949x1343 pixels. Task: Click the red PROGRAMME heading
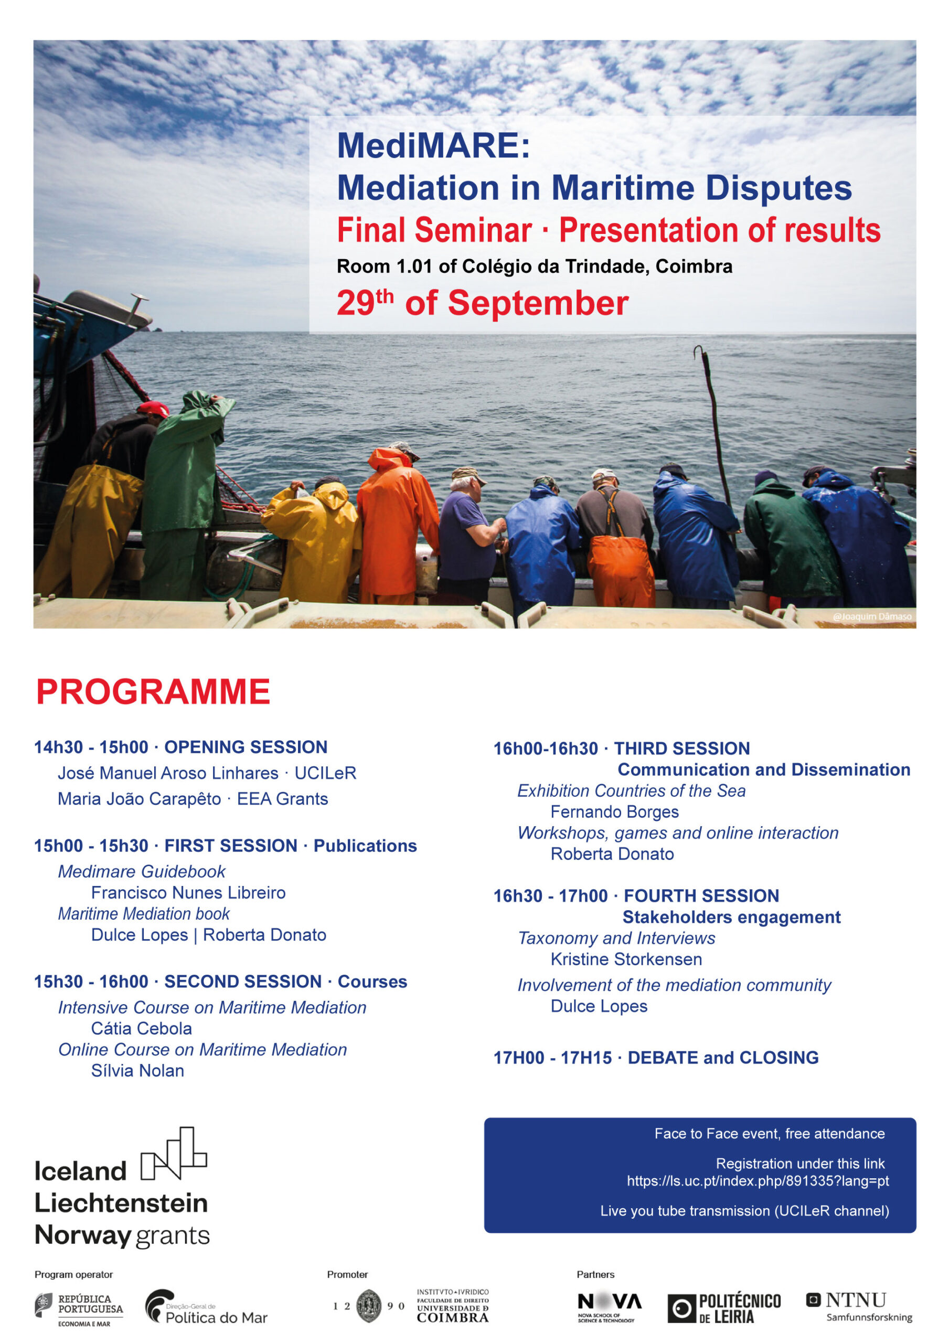tap(153, 692)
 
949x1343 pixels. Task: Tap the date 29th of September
tap(482, 303)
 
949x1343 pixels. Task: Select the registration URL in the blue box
tap(757, 1181)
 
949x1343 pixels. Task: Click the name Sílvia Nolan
tap(137, 1070)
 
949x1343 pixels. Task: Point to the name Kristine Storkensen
tap(626, 960)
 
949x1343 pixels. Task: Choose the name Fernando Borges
tap(614, 812)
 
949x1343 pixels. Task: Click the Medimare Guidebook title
tap(142, 871)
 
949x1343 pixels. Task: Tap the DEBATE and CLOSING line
tap(656, 1058)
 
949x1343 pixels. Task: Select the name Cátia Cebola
tap(142, 1028)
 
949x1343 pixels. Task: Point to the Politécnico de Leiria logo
tap(724, 1308)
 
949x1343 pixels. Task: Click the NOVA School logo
tap(609, 1307)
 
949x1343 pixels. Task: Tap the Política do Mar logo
tap(206, 1307)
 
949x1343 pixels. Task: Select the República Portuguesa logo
tap(79, 1307)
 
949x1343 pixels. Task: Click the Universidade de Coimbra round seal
tap(369, 1306)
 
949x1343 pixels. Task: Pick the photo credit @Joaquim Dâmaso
tap(871, 616)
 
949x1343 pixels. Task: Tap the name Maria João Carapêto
tap(139, 799)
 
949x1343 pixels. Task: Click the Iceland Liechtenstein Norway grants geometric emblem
tap(174, 1154)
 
